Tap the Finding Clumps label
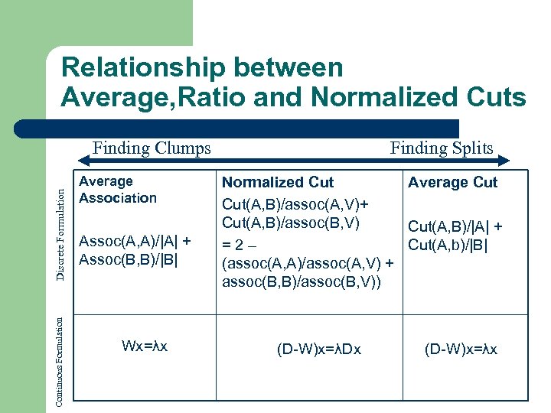152,148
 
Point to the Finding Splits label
442,148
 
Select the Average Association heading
118,190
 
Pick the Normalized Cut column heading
278,182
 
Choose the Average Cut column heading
452,182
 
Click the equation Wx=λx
145,346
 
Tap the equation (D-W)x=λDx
319,350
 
